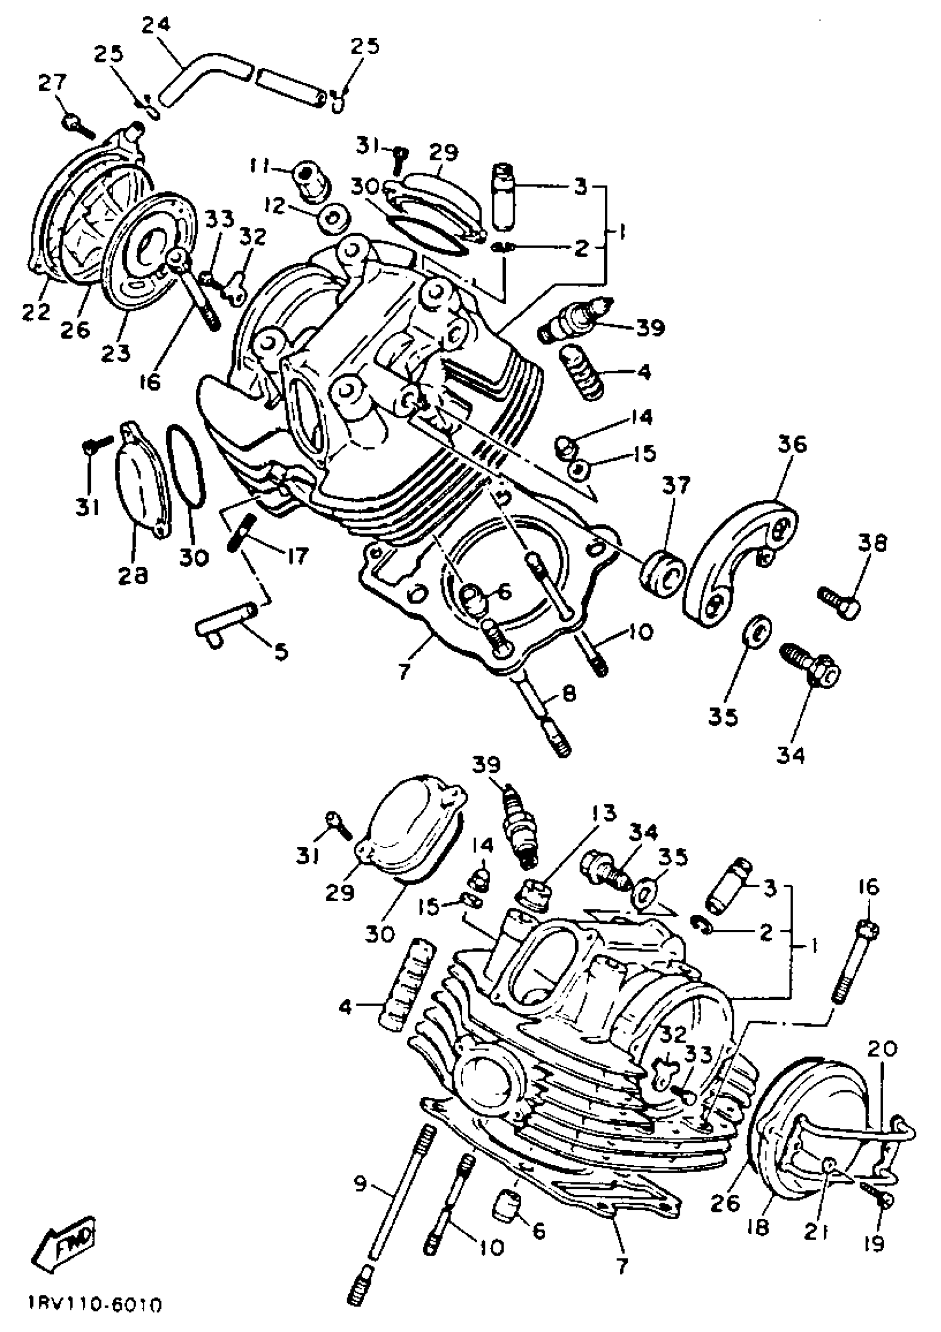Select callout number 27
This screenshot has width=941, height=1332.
click(52, 84)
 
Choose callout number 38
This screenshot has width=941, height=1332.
click(872, 544)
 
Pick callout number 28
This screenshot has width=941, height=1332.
click(133, 574)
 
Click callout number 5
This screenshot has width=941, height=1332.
click(281, 652)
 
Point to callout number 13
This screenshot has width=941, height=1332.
click(603, 813)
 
